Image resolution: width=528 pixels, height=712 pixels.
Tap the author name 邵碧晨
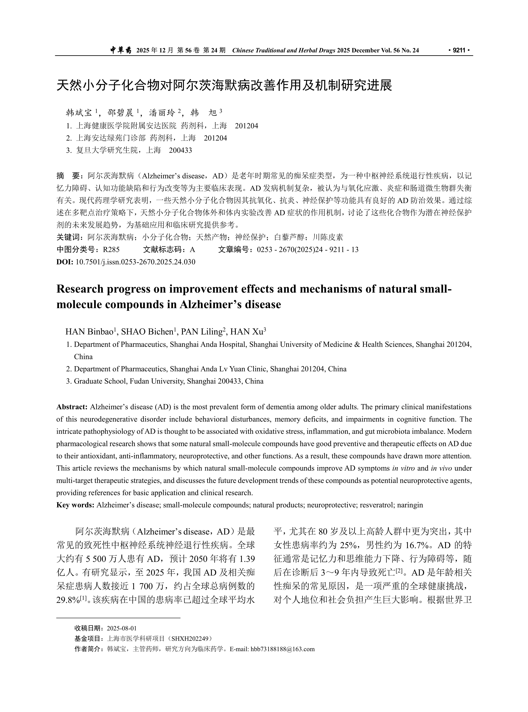pos(120,113)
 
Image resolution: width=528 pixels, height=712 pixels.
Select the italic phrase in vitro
pos(403,468)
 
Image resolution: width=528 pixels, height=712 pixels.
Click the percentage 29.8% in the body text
pos(68,600)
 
